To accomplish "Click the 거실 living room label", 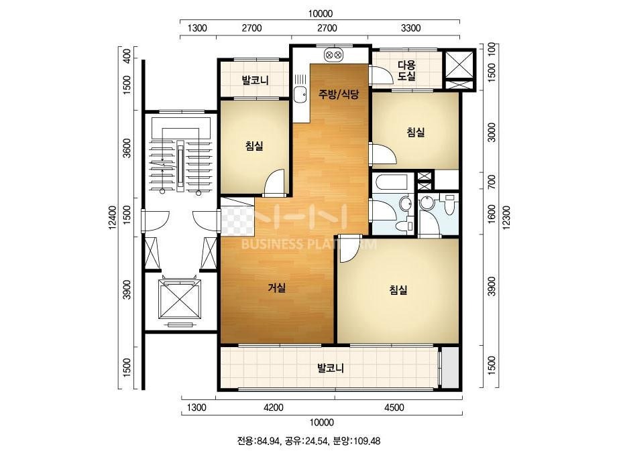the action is pos(277,288).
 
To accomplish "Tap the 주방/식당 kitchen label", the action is pos(339,94).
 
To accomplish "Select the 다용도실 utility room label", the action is pos(406,70).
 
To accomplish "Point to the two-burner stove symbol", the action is pos(333,55).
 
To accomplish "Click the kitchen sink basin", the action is pos(300,94).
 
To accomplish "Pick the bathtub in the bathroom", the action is pos(390,182).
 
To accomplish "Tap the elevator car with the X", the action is pos(179,298).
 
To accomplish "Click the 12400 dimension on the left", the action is pos(113,217).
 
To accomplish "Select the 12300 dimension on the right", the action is pos(506,216).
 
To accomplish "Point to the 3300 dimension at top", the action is pos(410,28).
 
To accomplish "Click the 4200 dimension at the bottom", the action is pos(273,407).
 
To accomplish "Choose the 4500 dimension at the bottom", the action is pos(394,407).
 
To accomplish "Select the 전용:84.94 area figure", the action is pos(259,441).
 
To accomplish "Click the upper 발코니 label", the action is pos(255,80).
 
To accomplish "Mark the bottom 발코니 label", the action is pos(331,368).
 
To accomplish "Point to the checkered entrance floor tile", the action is pos(237,220).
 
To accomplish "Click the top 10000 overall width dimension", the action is pos(320,14).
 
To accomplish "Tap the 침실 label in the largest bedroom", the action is pos(398,290).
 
